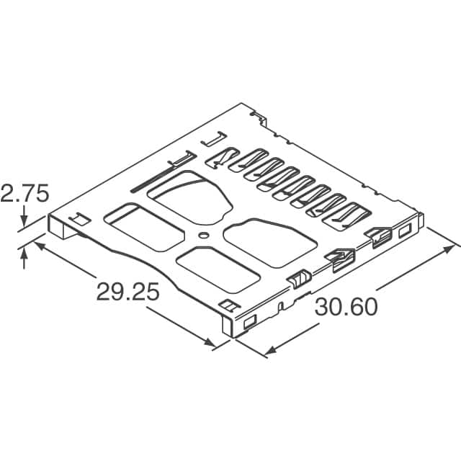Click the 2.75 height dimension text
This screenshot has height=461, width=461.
pyautogui.click(x=24, y=194)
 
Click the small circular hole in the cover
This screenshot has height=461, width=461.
pyautogui.click(x=205, y=235)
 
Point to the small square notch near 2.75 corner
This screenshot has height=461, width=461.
pyautogui.click(x=77, y=217)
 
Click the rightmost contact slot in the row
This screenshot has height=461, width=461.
pyautogui.click(x=350, y=214)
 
